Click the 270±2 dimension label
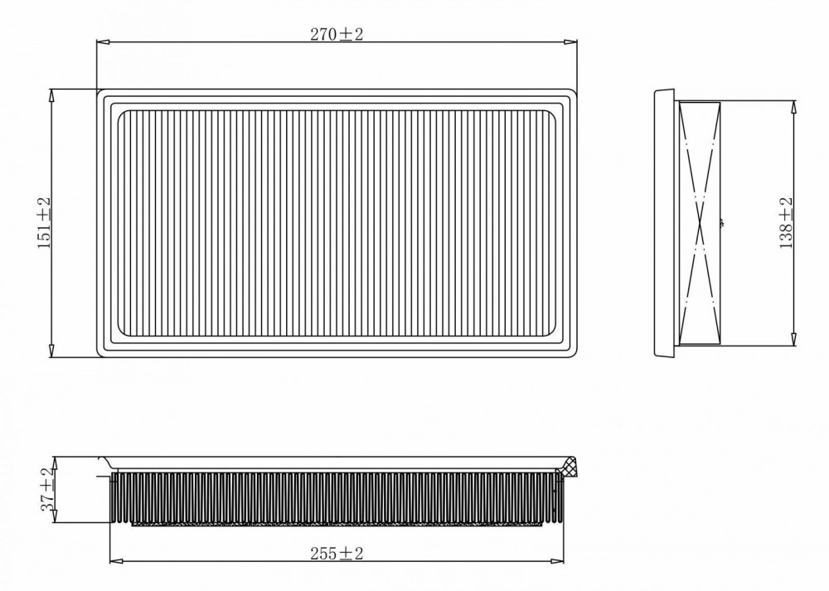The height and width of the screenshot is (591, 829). [337, 34]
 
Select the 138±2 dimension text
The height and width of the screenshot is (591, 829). [786, 222]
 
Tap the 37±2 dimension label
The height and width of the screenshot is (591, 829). [47, 489]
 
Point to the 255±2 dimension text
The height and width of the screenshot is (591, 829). [337, 554]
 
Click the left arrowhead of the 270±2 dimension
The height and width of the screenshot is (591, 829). [103, 41]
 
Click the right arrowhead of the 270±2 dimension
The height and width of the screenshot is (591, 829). [570, 41]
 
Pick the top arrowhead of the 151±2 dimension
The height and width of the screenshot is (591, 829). [51, 95]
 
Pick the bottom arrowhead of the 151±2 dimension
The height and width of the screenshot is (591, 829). [51, 351]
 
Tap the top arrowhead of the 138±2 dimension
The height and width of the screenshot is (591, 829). [793, 107]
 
